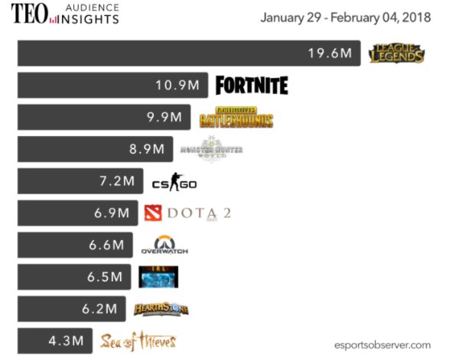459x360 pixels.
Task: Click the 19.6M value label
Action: [330, 54]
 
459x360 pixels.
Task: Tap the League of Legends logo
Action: [396, 54]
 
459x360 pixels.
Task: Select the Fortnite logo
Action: [252, 85]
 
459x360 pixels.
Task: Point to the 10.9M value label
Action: [177, 86]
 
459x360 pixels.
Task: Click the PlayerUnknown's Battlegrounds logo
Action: [236, 117]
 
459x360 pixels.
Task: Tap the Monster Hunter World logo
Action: [211, 149]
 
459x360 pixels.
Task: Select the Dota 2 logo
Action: [187, 212]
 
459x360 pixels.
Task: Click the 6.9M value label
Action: [112, 213]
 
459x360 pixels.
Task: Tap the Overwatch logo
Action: [164, 245]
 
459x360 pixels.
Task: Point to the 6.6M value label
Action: [106, 245]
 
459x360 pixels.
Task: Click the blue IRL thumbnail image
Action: [158, 277]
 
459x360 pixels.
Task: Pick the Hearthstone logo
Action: [161, 309]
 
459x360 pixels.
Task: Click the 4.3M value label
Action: [66, 341]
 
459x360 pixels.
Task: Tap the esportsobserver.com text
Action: [382, 345]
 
